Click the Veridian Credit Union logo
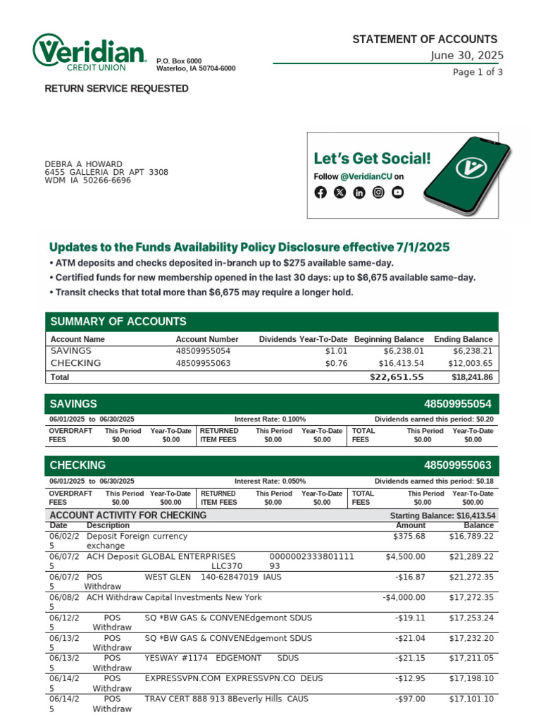tap(89, 53)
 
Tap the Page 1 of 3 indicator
tap(478, 72)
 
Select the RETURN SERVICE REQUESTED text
tap(116, 89)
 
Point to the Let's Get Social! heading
tap(371, 158)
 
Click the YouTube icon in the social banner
tap(398, 192)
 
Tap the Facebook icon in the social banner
tap(321, 192)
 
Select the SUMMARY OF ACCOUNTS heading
tap(118, 322)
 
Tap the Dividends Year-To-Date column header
tap(303, 339)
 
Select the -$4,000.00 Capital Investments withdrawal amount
tap(404, 597)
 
